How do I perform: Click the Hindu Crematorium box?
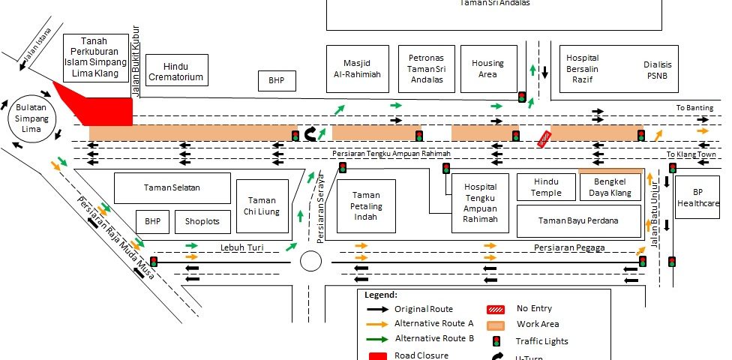tap(176, 70)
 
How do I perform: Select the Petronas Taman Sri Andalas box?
tap(426, 68)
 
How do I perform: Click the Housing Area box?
tap(487, 69)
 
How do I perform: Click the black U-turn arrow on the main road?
tap(311, 134)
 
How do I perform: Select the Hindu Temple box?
tap(547, 187)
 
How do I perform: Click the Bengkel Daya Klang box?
tap(610, 187)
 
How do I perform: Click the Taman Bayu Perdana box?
tap(578, 220)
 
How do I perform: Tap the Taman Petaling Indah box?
tap(367, 206)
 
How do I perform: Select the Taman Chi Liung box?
tap(262, 206)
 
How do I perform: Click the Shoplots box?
tap(202, 222)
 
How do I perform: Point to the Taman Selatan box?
tap(172, 188)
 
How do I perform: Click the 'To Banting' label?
tap(694, 108)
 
